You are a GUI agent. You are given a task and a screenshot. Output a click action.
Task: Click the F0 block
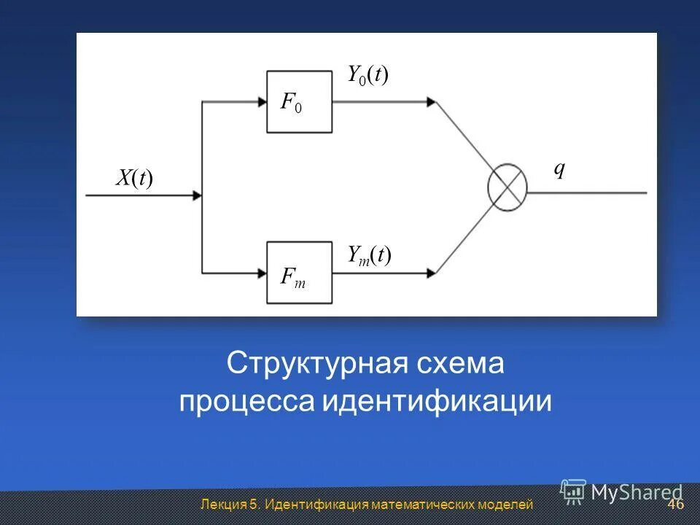click(x=300, y=102)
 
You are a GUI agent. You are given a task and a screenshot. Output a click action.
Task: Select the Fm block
click(x=300, y=273)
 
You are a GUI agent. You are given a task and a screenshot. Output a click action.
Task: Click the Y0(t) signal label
click(x=367, y=74)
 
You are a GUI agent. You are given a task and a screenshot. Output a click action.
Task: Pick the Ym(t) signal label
click(x=369, y=255)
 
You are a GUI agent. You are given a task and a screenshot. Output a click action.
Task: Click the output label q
click(x=559, y=169)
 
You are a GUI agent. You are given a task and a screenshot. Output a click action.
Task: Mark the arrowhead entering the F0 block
click(x=262, y=102)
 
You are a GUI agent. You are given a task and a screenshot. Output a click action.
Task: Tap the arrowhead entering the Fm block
click(x=262, y=273)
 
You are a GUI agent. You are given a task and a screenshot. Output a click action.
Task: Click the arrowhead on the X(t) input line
click(x=196, y=195)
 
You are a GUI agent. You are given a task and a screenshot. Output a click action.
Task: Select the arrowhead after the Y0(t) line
click(x=432, y=102)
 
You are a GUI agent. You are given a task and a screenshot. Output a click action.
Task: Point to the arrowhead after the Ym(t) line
click(x=432, y=273)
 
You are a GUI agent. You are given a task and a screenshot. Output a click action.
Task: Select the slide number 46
click(x=675, y=505)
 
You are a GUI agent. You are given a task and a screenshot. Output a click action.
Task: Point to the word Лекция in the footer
click(x=222, y=505)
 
